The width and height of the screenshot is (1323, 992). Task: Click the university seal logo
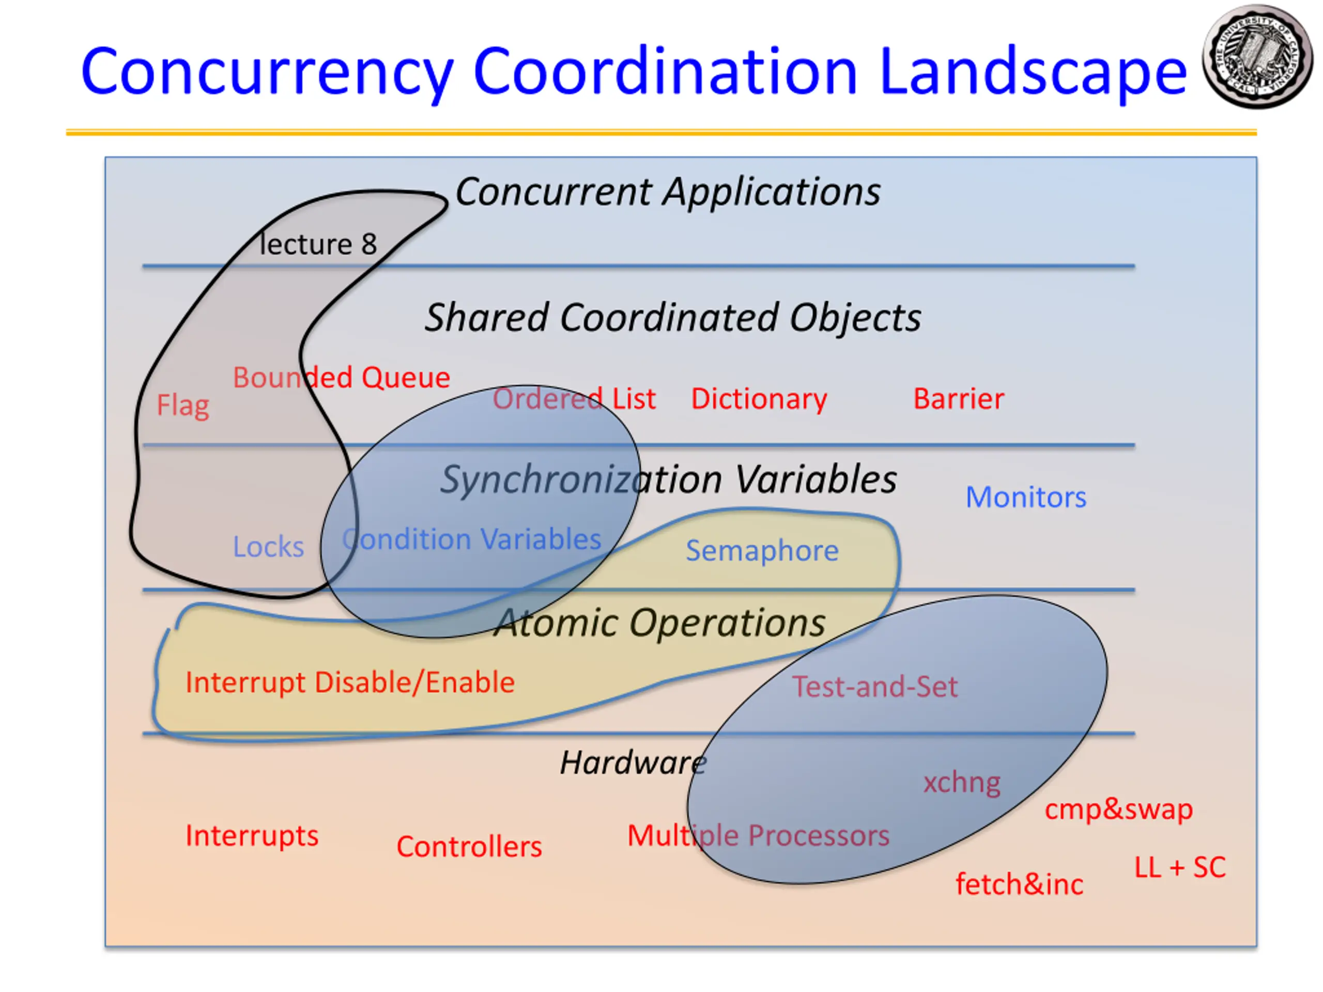coord(1257,57)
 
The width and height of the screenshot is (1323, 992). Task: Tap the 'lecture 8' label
coord(318,244)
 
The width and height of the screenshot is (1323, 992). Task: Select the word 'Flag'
coord(183,406)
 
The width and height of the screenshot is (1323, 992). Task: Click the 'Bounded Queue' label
coord(341,378)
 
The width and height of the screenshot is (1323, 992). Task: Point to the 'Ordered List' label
coord(574,399)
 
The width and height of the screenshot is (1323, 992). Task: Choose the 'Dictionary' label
coord(759,399)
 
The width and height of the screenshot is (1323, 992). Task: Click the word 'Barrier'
coord(959,399)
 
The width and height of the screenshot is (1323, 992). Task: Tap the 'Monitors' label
coord(1026,497)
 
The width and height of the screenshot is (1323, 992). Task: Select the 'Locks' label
coord(269,547)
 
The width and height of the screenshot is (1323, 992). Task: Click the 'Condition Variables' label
coord(471,539)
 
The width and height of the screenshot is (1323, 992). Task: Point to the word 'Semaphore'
coord(762,550)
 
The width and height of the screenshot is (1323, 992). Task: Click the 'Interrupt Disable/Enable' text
coord(350,683)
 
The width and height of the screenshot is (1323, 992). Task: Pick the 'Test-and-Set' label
coord(875,687)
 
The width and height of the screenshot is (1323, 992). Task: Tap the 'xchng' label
coord(962,782)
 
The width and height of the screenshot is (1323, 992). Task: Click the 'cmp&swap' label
coord(1118,809)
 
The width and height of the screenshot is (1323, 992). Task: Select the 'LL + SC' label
coord(1180,867)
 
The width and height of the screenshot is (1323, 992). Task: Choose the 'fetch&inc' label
coord(1019,885)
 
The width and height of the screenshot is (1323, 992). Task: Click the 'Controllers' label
coord(469,847)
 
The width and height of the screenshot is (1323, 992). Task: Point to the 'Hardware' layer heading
coord(633,763)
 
